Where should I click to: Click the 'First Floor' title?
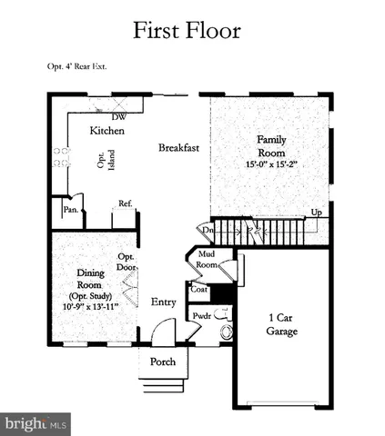coord(187,30)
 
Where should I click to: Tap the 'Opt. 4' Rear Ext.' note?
coord(79,66)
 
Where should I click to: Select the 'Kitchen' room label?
coord(106,131)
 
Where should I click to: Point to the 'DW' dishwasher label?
coord(118,117)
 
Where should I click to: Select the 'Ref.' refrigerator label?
coord(126,203)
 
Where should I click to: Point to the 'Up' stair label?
coord(316,213)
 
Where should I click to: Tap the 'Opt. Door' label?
coord(126,263)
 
